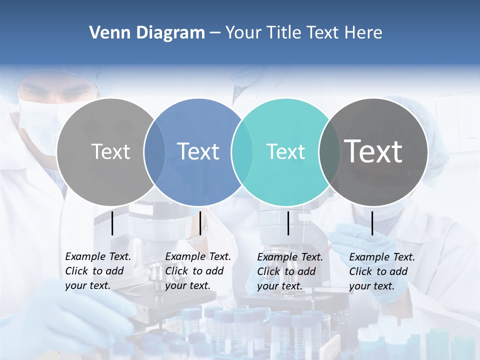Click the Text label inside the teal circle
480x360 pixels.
click(285, 151)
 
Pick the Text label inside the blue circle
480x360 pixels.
click(198, 151)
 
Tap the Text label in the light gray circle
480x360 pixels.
click(110, 151)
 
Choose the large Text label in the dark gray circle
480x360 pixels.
click(373, 151)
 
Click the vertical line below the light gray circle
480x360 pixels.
click(112, 223)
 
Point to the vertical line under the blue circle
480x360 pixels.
click(200, 223)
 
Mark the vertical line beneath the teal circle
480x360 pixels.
click(288, 223)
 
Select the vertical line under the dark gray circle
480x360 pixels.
click(372, 223)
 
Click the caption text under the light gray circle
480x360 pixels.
click(97, 271)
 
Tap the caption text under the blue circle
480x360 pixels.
click(197, 271)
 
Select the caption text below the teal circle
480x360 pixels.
click(289, 271)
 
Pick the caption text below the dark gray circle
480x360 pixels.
click(381, 271)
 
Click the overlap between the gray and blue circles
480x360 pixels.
click(154, 151)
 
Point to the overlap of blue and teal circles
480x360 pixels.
click(242, 151)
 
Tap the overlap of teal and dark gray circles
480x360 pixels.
click(326, 151)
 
